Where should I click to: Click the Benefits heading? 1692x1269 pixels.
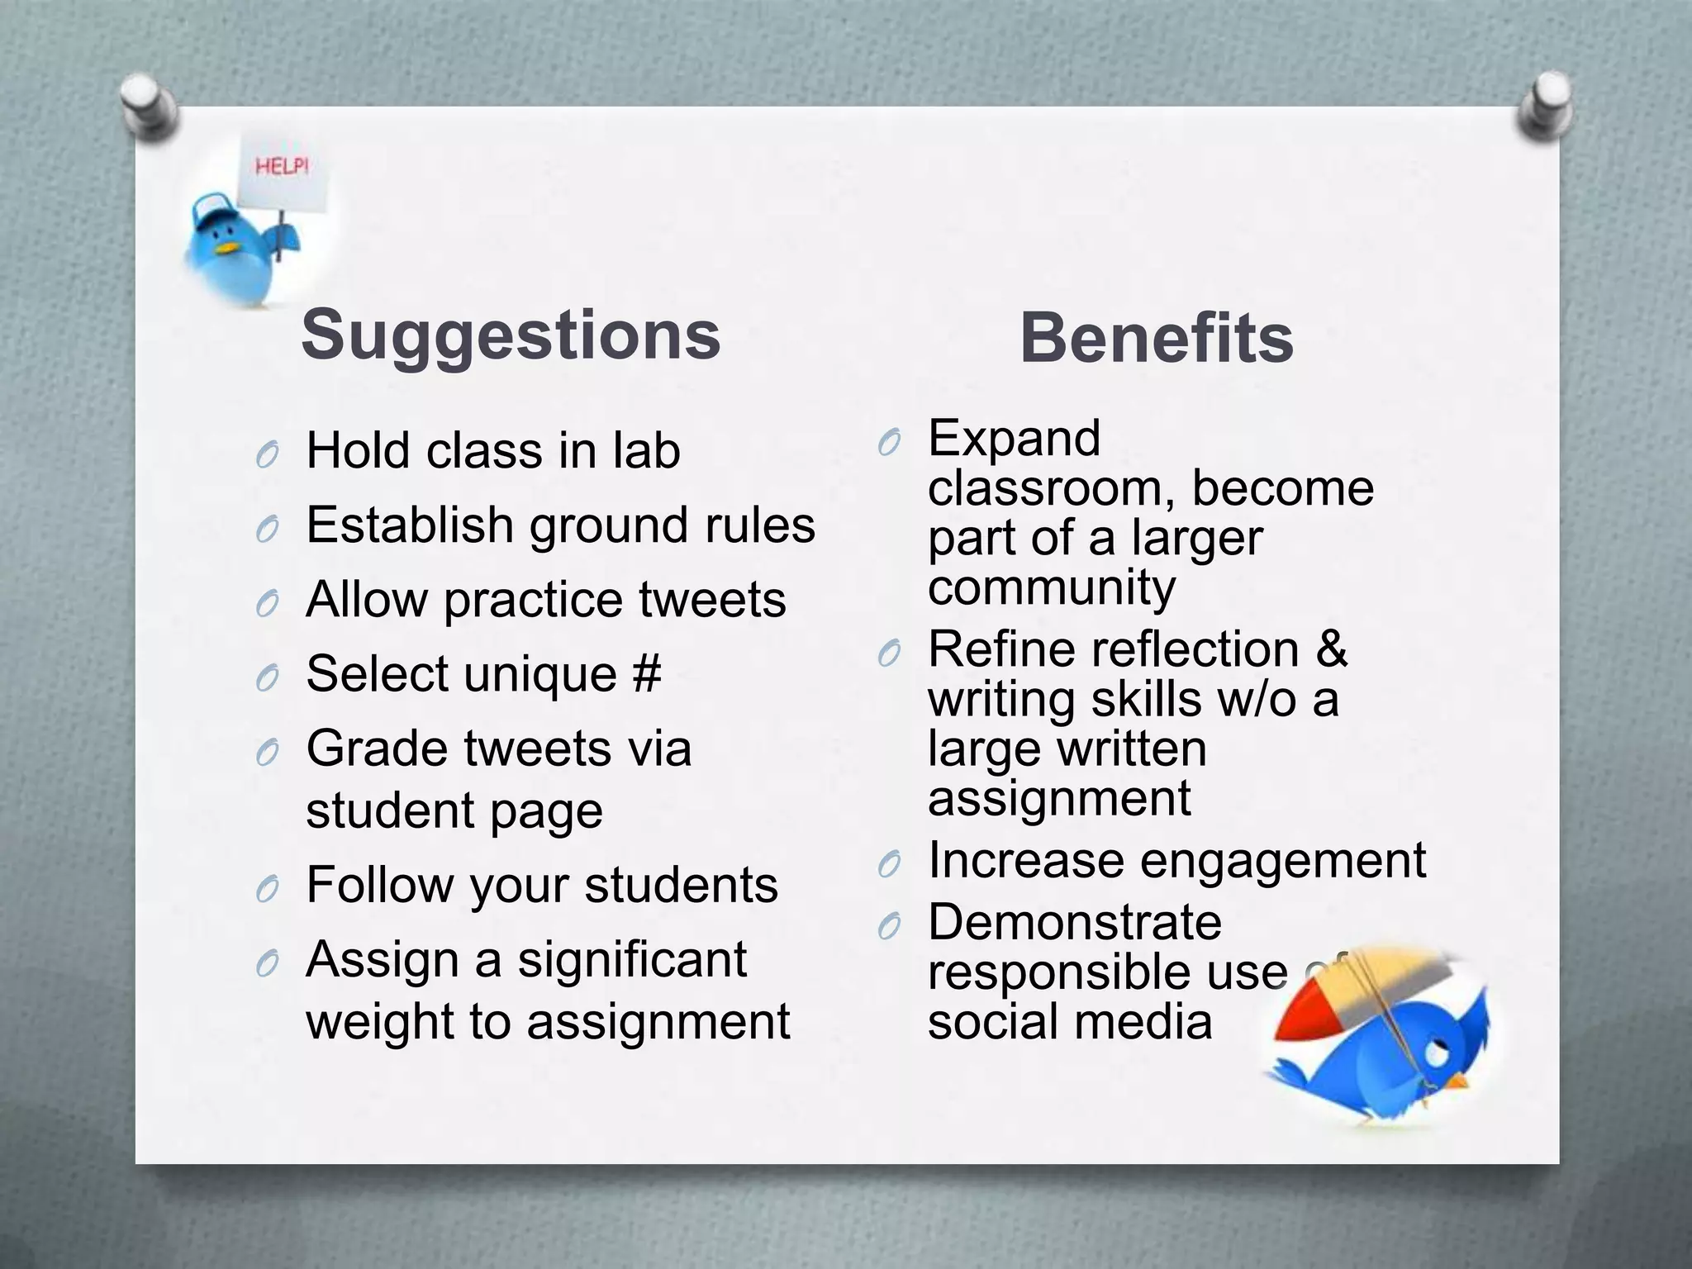[1156, 339]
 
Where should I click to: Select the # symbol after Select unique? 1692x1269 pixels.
[647, 673]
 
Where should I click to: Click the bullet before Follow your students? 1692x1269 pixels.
[267, 890]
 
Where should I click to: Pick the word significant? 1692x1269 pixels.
[632, 960]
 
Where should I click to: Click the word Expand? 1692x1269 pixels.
[1014, 439]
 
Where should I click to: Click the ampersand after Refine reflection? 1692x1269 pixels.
[1331, 649]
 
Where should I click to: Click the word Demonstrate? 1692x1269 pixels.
[1074, 922]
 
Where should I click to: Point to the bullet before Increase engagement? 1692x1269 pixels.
[889, 865]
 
